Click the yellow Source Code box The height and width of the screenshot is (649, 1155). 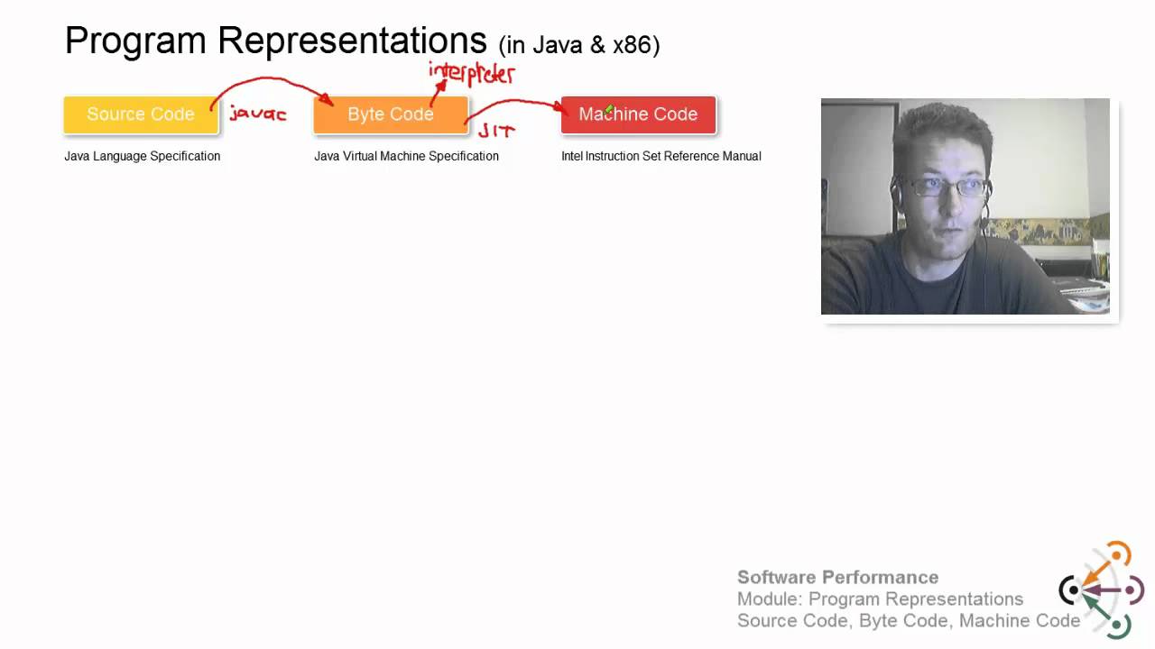click(141, 114)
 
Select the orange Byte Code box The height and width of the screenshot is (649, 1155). click(391, 114)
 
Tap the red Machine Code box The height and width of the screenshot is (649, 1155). click(638, 114)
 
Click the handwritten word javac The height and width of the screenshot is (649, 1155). click(257, 114)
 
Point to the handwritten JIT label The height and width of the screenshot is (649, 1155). click(496, 132)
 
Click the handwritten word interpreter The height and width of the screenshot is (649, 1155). click(471, 73)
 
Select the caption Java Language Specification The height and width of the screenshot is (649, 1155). click(142, 156)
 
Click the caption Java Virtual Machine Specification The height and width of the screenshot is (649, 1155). click(406, 156)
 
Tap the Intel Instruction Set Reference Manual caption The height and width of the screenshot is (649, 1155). click(661, 156)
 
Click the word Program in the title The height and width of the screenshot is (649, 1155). click(135, 41)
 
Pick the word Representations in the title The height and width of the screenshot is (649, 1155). click(352, 41)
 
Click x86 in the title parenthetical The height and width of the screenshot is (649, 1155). click(632, 45)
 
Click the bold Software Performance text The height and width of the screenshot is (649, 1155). click(837, 577)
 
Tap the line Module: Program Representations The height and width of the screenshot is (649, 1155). click(880, 599)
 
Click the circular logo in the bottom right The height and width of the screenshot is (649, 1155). click(1101, 590)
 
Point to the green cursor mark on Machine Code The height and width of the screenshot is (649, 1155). click(609, 110)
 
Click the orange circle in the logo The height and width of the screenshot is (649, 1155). click(1118, 554)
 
